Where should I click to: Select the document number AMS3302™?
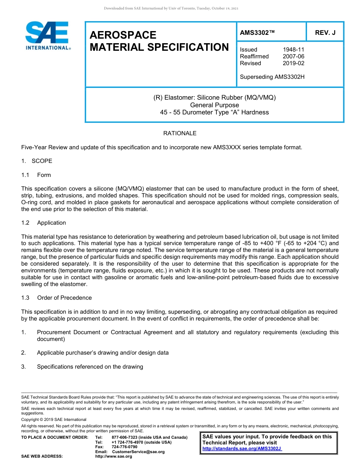click(x=257, y=33)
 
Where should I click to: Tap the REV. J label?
click(x=325, y=33)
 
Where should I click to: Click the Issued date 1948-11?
click(x=293, y=50)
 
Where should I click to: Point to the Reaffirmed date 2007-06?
click(x=293, y=56)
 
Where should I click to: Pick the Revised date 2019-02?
click(x=293, y=63)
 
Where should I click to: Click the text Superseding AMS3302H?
click(x=272, y=77)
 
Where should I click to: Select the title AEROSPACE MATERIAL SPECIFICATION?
click(x=159, y=41)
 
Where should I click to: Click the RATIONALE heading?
click(x=180, y=133)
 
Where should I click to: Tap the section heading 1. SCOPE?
click(x=37, y=161)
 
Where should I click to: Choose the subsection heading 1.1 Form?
click(x=36, y=175)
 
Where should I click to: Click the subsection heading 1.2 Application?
click(x=44, y=223)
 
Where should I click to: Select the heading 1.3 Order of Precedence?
click(x=56, y=298)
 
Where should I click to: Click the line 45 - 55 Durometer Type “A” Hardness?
click(x=214, y=112)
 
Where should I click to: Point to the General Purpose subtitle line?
click(x=214, y=105)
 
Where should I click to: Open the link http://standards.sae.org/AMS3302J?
click(x=242, y=449)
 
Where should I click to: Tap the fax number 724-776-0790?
click(x=125, y=447)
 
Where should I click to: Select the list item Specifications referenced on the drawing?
click(x=90, y=367)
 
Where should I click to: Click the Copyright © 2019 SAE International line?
click(x=54, y=419)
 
